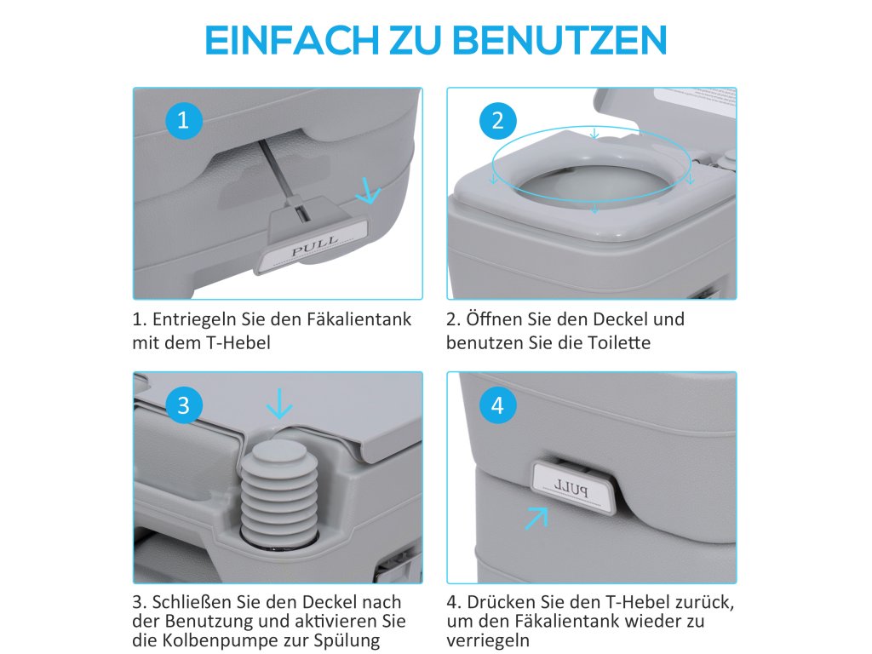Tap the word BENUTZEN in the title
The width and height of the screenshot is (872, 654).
pos(559,39)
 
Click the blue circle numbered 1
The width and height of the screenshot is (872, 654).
pos(183,121)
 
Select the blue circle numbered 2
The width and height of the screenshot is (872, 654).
pos(497,121)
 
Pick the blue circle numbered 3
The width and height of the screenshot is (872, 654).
pos(183,405)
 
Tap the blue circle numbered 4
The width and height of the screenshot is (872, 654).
pos(497,405)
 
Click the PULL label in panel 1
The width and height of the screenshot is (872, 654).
pos(314,246)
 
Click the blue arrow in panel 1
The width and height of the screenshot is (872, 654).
pos(368,191)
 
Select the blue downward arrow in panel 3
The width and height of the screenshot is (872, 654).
pos(279,404)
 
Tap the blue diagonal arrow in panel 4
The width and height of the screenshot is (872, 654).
pos(536,519)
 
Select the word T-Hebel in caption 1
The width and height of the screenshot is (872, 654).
pos(238,342)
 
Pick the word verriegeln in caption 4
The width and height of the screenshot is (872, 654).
pos(488,640)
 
